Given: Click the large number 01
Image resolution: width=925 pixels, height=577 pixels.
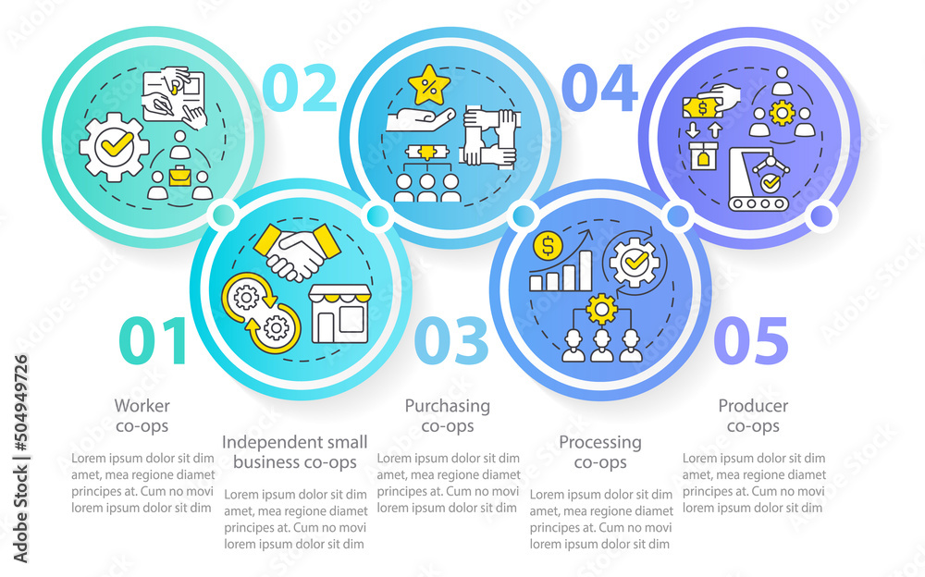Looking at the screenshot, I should [154, 341].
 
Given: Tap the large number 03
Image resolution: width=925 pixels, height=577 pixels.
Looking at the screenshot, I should [451, 341].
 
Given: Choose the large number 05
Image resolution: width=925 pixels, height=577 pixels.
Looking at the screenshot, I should [751, 341].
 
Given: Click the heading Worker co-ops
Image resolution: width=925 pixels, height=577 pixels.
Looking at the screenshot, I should [142, 415].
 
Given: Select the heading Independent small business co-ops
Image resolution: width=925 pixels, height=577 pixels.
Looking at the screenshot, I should [294, 452].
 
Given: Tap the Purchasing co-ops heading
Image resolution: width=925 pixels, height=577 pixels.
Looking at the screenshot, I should [448, 415].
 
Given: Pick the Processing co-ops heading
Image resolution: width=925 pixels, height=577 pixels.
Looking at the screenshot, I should [599, 452].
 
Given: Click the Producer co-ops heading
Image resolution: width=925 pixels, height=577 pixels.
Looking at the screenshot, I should [753, 415].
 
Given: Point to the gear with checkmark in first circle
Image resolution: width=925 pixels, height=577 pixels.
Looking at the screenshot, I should [113, 146].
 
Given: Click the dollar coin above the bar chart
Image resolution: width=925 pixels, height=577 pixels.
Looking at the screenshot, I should [549, 247].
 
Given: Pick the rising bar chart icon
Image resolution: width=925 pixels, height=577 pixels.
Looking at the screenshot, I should [561, 271].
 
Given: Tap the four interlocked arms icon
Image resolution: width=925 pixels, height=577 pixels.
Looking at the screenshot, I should [488, 136].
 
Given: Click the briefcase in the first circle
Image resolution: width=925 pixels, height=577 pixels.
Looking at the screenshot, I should [180, 174].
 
